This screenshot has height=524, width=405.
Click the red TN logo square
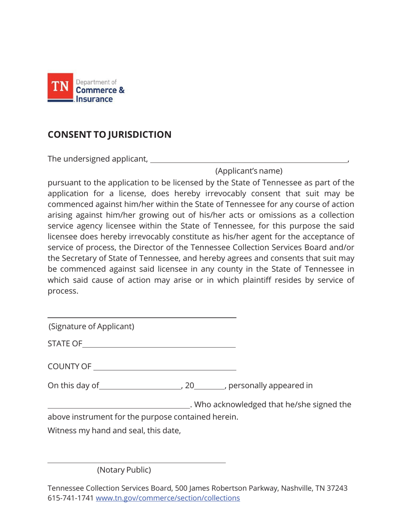coord(60,86)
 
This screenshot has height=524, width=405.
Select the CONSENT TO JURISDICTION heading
coord(109,135)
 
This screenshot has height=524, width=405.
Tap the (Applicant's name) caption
coord(249,171)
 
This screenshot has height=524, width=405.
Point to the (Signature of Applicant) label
coord(91,327)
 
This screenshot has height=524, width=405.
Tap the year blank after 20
coord(209,387)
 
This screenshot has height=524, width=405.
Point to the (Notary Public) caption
coord(124,470)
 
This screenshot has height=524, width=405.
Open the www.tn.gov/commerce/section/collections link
coord(168,498)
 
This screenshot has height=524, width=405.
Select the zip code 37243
coord(336,488)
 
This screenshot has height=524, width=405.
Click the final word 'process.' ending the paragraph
coord(63,291)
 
